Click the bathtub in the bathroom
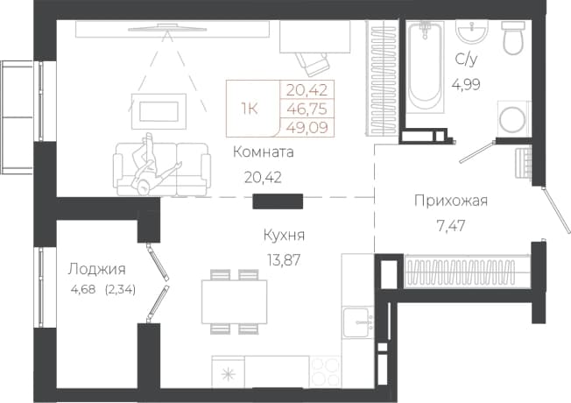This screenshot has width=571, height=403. [426, 67]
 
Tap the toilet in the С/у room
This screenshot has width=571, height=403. [513, 38]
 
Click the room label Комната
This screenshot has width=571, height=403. [263, 152]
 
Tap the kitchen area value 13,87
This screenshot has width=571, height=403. [283, 260]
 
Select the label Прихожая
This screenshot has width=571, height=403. [451, 201]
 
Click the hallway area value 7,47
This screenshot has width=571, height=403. [451, 226]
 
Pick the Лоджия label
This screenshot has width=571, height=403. [97, 269]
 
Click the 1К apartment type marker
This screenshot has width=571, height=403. [250, 109]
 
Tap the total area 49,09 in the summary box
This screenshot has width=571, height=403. [307, 128]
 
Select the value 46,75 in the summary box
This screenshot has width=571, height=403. [307, 109]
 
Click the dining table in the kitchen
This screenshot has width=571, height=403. [235, 301]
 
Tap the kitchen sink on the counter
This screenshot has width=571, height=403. [358, 322]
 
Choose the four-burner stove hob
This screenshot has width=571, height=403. [325, 371]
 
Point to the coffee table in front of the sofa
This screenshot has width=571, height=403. [159, 111]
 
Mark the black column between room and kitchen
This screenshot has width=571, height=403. [278, 201]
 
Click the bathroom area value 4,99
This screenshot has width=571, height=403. [466, 85]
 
